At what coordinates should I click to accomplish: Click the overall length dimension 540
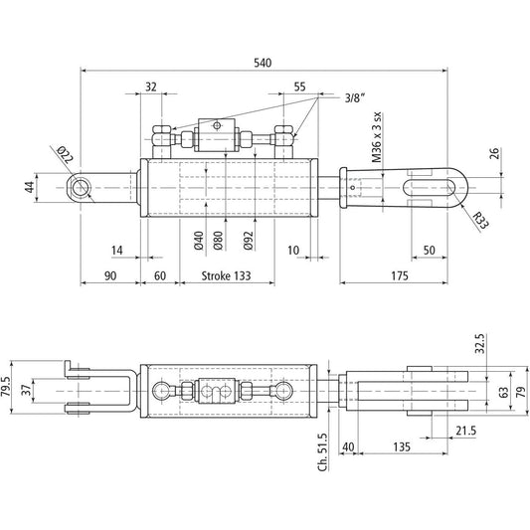point(263,63)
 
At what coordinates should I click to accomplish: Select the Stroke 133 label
point(228,275)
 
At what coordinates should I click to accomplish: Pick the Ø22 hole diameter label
point(63,154)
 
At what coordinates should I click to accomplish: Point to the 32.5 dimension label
point(479,344)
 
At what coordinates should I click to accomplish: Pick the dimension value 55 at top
point(300,87)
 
